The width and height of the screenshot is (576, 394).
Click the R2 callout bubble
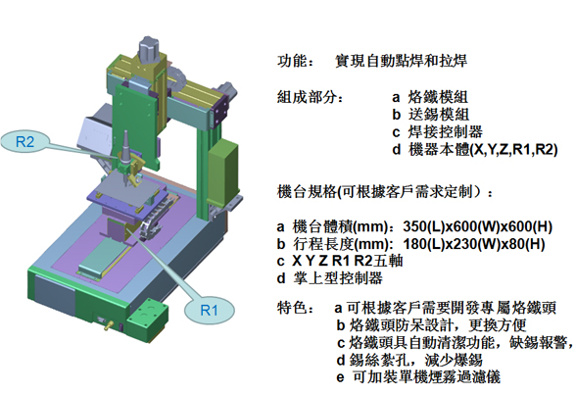(25, 141)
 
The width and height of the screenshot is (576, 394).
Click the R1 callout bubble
(209, 310)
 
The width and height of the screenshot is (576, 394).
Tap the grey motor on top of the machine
(150, 50)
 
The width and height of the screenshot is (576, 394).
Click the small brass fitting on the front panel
(108, 325)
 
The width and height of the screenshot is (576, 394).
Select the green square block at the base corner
(148, 319)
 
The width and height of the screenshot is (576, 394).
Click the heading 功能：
(296, 61)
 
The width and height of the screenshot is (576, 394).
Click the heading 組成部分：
(311, 97)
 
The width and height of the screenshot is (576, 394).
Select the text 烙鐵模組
(438, 97)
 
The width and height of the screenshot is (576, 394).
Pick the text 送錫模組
(439, 115)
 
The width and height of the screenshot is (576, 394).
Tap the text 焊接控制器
(445, 132)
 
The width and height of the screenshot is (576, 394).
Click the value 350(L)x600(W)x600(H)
(478, 226)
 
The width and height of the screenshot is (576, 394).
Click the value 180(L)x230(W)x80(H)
(474, 244)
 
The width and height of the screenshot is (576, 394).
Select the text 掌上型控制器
(338, 278)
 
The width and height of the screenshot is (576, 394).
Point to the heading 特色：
(296, 308)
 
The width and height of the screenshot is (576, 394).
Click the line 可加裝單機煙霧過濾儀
(426, 376)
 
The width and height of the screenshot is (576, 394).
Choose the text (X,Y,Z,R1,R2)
(513, 150)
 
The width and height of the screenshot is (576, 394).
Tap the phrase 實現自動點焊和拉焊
(402, 61)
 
